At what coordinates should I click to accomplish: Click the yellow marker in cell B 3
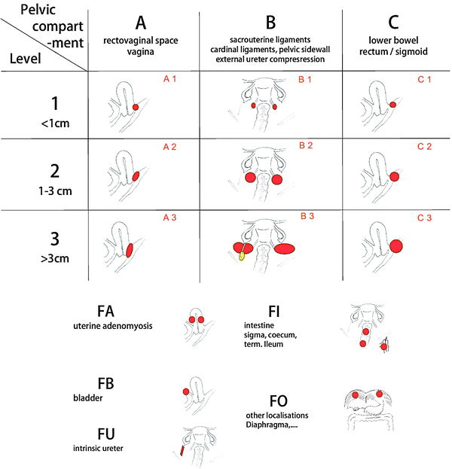[x=242, y=255]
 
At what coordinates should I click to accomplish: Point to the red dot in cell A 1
[x=136, y=108]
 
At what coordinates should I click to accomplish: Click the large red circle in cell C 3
[x=395, y=245]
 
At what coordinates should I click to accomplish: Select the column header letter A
[x=140, y=21]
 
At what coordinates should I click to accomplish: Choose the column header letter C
[x=390, y=21]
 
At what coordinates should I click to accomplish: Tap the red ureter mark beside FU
[x=182, y=451]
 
